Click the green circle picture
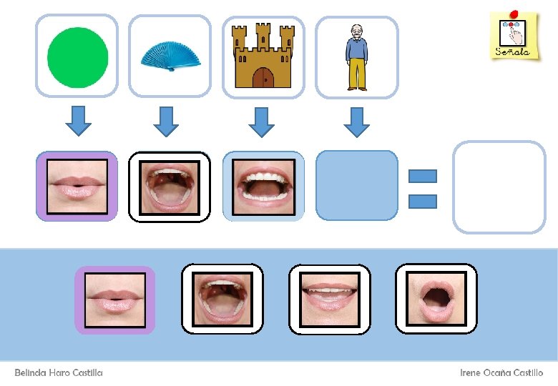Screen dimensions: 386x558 tap(77, 56)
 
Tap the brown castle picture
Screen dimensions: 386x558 tap(263, 56)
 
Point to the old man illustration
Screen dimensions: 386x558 tap(356, 56)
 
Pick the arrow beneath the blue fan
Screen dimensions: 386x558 tap(166, 120)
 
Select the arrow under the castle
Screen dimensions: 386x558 tap(261, 120)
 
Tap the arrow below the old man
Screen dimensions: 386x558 tap(356, 120)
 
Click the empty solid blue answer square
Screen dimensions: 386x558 tap(356, 185)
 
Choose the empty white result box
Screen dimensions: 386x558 tap(499, 187)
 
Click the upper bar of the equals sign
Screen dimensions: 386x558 tap(423, 176)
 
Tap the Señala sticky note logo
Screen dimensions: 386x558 tap(514, 35)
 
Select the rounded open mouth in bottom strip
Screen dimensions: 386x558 tap(436, 298)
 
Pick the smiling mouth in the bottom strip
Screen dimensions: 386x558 tap(329, 298)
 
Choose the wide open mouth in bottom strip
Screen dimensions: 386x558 tap(222, 298)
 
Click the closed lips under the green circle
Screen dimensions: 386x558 tap(77, 186)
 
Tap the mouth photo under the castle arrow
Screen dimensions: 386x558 tap(263, 186)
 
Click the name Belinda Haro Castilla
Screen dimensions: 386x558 tap(59, 372)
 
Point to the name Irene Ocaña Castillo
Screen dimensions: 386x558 tap(501, 372)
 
